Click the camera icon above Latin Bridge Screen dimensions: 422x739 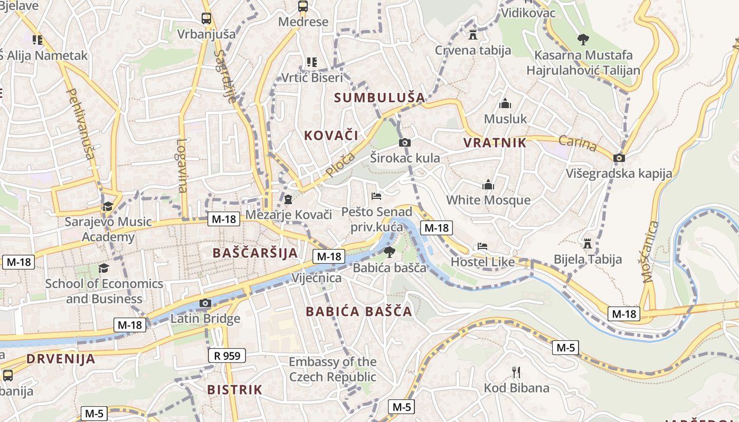(x=205, y=303)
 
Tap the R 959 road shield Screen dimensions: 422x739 (x=227, y=356)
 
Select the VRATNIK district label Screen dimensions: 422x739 (x=495, y=142)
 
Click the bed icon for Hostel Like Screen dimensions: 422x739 (x=482, y=246)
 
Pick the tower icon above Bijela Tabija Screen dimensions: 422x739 (x=587, y=243)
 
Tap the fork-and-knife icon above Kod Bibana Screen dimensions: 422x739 (x=516, y=372)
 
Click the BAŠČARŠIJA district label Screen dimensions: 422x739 (x=255, y=253)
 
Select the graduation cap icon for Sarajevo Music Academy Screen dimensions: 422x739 (x=108, y=206)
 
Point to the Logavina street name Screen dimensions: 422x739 (x=182, y=165)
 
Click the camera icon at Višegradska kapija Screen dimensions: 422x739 (x=619, y=158)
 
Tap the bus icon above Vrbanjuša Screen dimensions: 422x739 (x=206, y=18)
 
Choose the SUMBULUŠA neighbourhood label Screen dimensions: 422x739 (x=380, y=97)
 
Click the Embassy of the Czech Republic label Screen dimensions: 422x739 (x=333, y=369)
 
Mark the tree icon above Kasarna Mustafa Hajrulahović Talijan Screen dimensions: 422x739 (x=583, y=39)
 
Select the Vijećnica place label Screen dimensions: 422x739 (x=316, y=277)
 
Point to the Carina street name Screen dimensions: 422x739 (x=577, y=143)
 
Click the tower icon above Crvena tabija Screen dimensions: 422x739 (x=472, y=35)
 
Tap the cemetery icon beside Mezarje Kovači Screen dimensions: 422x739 (x=288, y=199)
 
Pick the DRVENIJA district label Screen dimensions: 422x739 (x=61, y=359)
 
